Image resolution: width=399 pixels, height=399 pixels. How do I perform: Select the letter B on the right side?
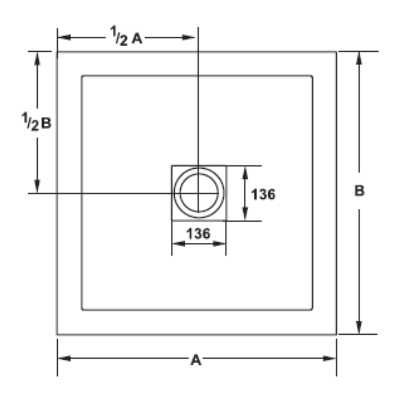(x=359, y=191)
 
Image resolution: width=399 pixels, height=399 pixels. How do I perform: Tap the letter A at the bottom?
(x=196, y=359)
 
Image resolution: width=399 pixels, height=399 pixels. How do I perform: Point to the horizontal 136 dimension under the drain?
(x=198, y=233)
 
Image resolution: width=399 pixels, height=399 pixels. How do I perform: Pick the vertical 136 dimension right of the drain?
(x=263, y=194)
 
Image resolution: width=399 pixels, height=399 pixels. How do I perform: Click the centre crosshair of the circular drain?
(x=199, y=193)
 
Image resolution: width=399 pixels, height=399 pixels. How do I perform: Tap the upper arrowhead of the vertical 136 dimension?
(x=245, y=171)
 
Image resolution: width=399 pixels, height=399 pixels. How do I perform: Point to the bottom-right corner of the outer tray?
(x=336, y=334)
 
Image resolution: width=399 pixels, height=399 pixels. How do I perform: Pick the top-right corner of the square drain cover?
(x=226, y=166)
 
